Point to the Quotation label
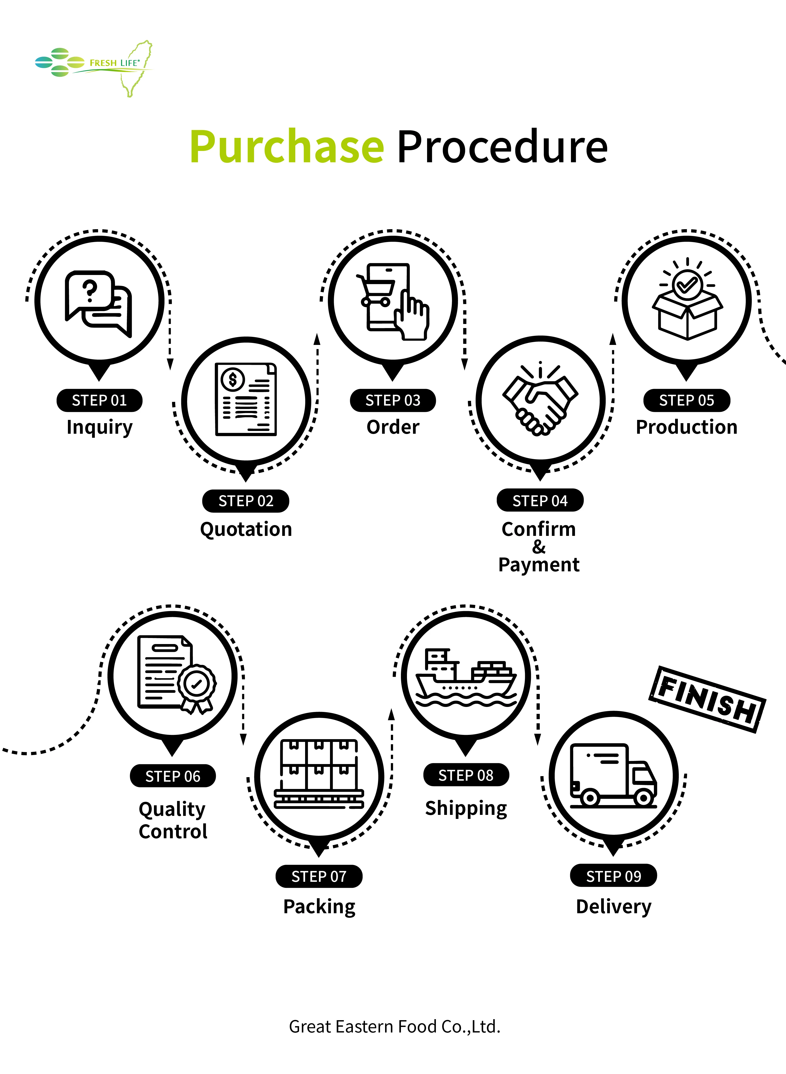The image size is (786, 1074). (246, 529)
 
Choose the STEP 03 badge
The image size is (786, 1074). (393, 400)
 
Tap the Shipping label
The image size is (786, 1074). (466, 809)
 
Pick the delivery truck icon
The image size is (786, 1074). (613, 776)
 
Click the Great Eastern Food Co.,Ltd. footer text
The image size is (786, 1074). (394, 1026)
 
